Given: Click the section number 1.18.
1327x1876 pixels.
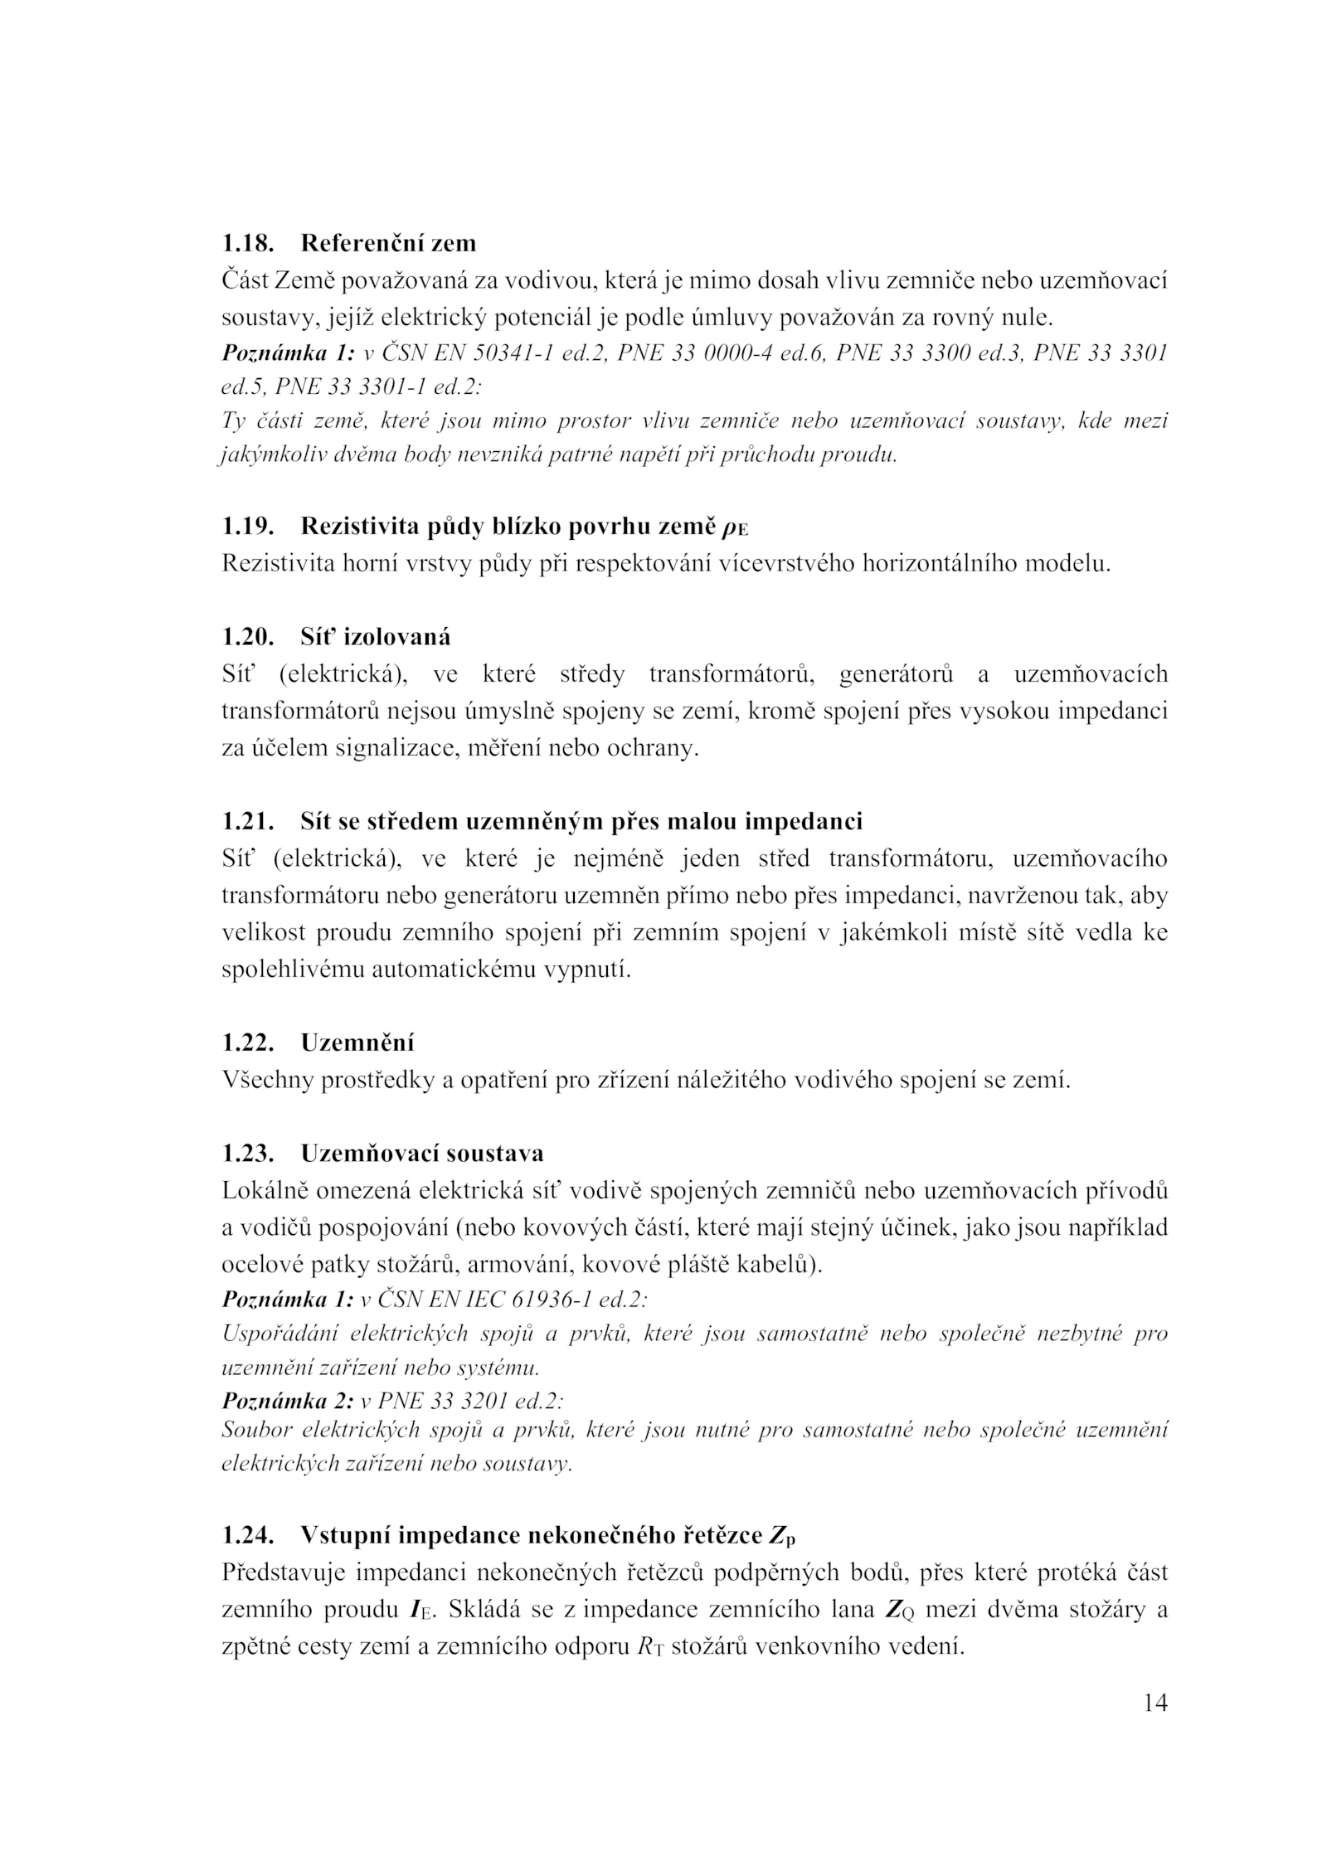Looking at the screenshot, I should coord(248,243).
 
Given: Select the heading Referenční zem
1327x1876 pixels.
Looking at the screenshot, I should coord(388,243).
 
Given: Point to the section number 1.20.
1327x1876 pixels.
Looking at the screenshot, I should coord(248,637).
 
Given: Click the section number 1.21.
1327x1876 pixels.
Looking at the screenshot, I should coord(248,821).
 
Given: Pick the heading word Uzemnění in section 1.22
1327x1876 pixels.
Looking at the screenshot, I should coord(357,1042).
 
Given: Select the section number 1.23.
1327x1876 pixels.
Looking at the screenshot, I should coord(248,1154).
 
